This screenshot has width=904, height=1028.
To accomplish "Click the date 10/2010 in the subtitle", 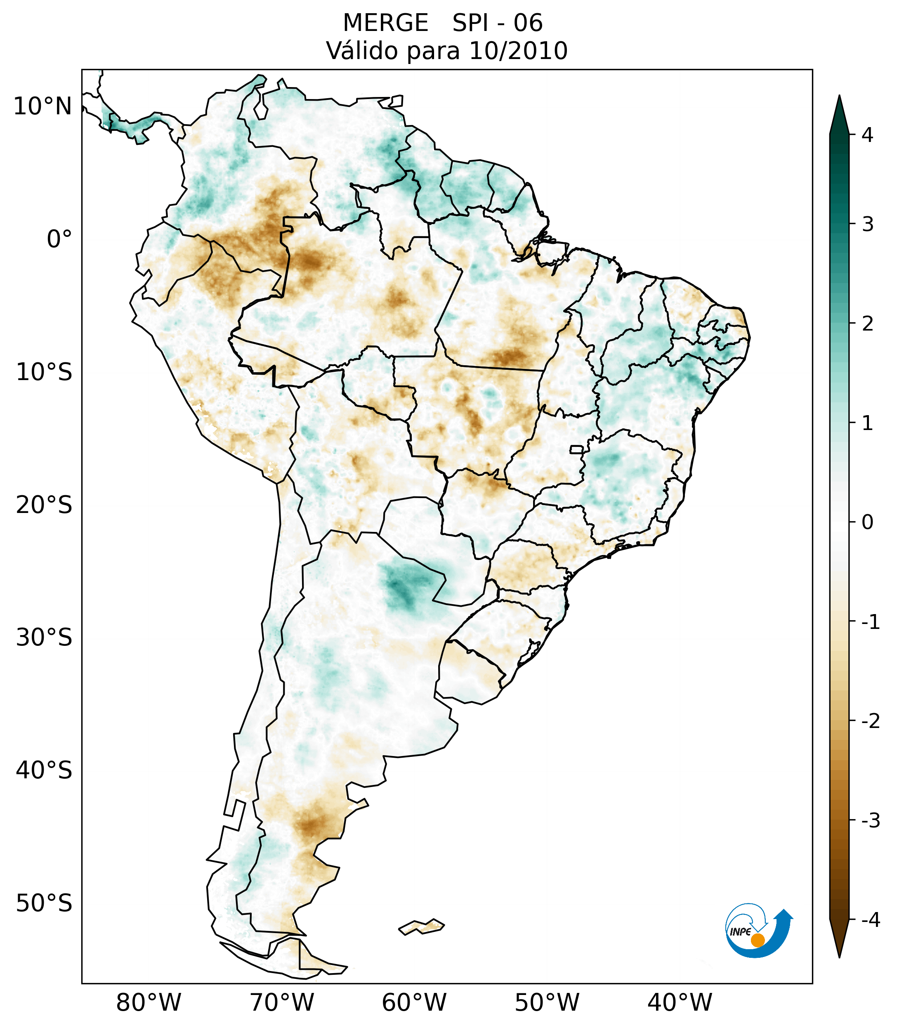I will click(x=518, y=51).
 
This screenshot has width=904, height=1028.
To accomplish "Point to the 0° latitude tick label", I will click(x=59, y=239).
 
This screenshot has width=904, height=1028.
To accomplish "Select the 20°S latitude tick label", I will click(x=44, y=505).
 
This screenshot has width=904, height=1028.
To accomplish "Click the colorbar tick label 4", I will click(x=867, y=135).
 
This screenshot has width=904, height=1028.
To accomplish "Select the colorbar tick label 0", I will click(x=867, y=522).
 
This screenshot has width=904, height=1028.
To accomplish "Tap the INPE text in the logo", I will click(x=740, y=931).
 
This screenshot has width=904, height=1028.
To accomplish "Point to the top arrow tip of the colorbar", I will click(x=839, y=97).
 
